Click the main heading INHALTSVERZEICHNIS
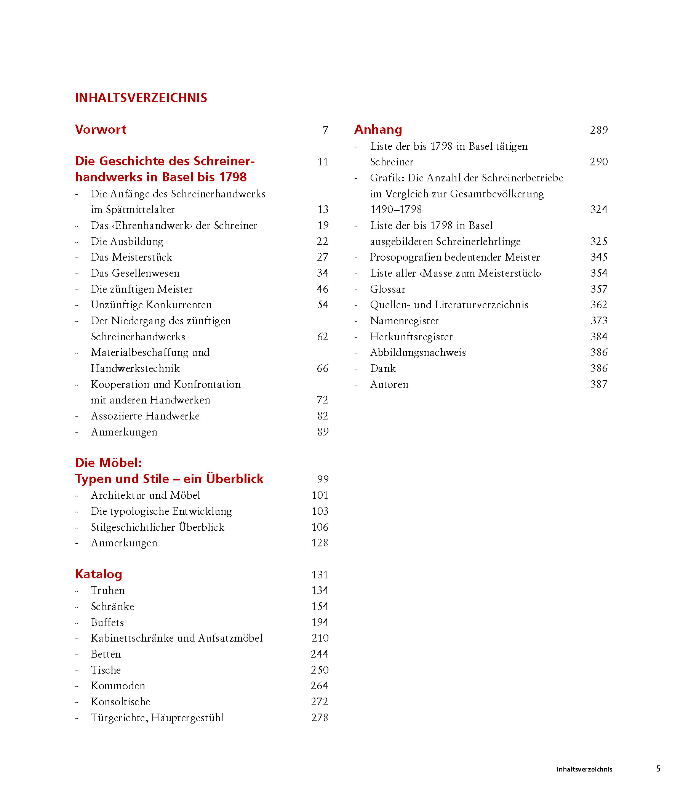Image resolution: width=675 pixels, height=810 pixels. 141,98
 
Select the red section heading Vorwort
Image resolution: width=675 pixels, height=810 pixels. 101,130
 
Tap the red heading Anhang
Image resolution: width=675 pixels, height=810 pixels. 378,130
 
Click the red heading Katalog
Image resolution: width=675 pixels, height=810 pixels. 99,574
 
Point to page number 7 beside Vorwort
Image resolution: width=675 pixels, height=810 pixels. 325,130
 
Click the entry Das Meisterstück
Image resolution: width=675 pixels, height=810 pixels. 131,257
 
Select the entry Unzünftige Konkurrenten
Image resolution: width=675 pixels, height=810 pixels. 151,305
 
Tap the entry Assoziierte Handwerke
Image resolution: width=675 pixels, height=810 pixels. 145,416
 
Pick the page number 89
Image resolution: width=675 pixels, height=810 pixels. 323,432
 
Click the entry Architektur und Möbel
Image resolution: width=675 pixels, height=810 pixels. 146,495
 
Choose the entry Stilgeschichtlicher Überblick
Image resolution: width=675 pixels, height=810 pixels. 157,527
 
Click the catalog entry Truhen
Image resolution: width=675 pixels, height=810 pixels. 108,591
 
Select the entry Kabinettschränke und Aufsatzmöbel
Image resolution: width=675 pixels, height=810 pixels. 177,638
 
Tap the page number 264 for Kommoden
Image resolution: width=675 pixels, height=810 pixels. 319,686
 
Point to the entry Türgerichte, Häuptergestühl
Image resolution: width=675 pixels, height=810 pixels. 157,718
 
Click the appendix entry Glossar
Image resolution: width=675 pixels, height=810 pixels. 388,289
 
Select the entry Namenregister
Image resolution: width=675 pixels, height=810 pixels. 404,321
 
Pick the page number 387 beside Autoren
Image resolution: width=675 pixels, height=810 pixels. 599,384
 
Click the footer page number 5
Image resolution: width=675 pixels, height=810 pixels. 658,769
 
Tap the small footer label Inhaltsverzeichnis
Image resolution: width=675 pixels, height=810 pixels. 584,770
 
